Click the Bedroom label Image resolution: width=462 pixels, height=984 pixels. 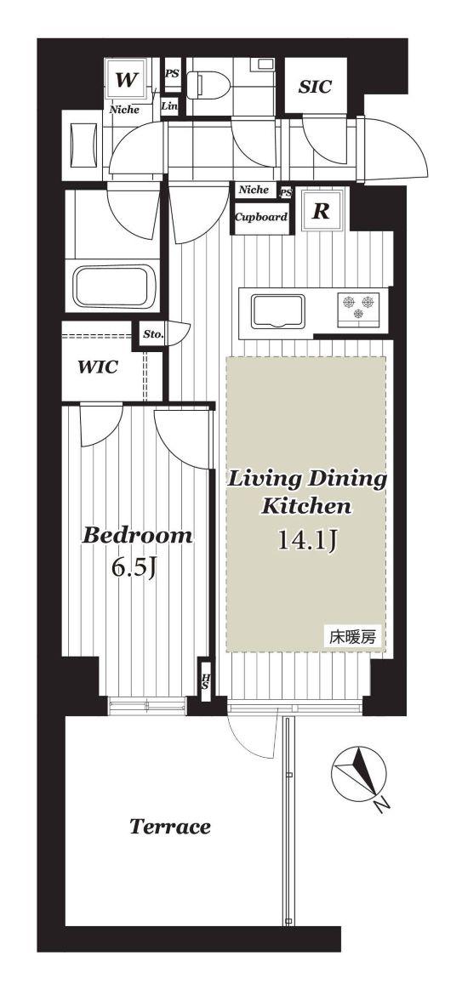pyautogui.click(x=138, y=535)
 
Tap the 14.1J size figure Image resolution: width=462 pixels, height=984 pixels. pyautogui.click(x=308, y=540)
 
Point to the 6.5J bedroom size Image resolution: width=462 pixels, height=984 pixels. pyautogui.click(x=134, y=568)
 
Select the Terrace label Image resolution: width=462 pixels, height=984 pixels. pyautogui.click(x=169, y=827)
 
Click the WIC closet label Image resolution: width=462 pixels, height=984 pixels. pyautogui.click(x=97, y=367)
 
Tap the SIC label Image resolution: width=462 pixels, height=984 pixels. pyautogui.click(x=315, y=88)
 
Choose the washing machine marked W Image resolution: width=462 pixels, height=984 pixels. pyautogui.click(x=127, y=79)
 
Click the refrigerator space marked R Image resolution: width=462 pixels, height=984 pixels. pyautogui.click(x=321, y=212)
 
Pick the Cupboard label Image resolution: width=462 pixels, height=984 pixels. pyautogui.click(x=261, y=218)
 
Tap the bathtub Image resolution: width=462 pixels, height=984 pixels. pyautogui.click(x=113, y=286)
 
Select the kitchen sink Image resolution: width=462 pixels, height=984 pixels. pyautogui.click(x=277, y=311)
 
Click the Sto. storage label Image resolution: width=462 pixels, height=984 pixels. pyautogui.click(x=152, y=334)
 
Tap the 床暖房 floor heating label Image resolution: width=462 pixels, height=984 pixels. pyautogui.click(x=353, y=638)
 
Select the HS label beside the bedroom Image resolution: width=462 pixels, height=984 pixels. pyautogui.click(x=205, y=681)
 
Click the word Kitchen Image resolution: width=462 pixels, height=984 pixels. pyautogui.click(x=305, y=505)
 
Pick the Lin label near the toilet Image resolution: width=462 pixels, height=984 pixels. pyautogui.click(x=169, y=106)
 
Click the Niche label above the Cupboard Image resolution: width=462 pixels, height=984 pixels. pyautogui.click(x=254, y=190)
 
